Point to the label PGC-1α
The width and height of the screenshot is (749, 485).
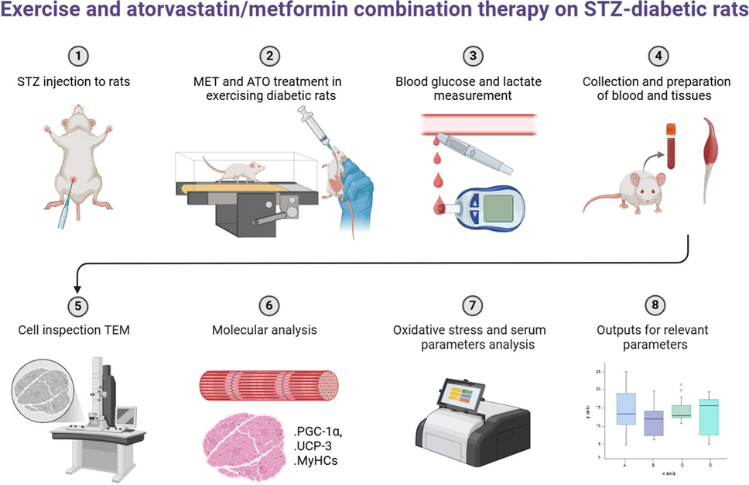320,431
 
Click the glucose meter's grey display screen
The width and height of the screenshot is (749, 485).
508,208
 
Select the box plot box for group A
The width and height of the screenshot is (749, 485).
624,408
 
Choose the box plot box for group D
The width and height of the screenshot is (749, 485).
710,417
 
